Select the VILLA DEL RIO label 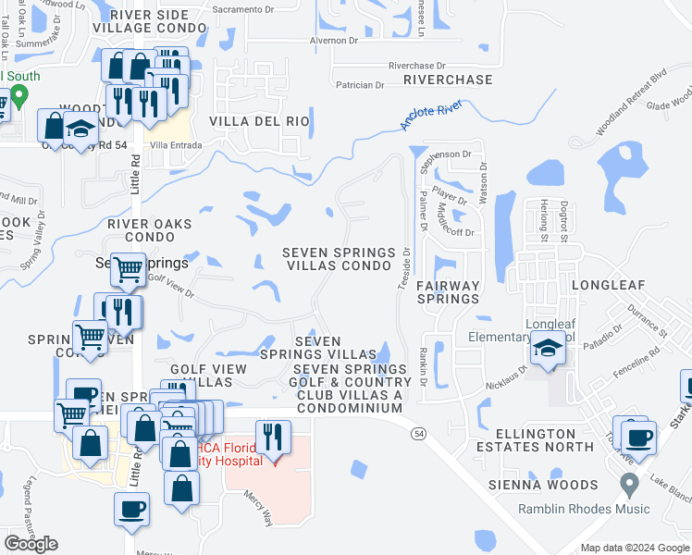(x=258, y=121)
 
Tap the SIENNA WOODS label (x=545, y=485)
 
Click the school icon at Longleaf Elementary (x=548, y=351)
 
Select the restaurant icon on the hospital (x=273, y=435)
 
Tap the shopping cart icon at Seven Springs (x=128, y=269)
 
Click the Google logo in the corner (x=31, y=544)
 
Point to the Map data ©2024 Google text (x=634, y=548)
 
